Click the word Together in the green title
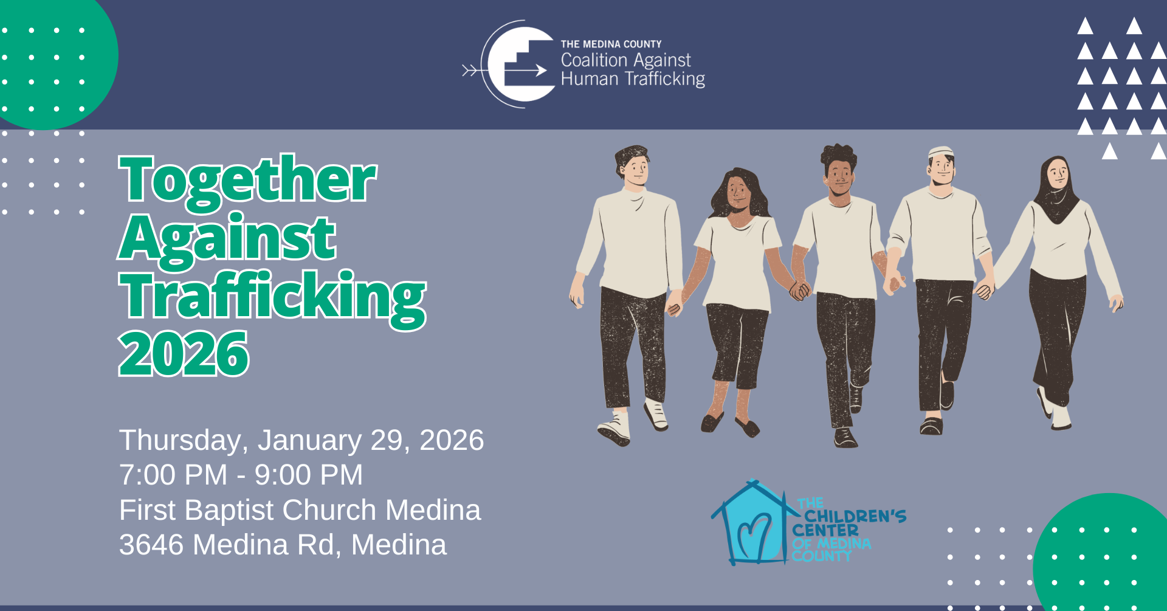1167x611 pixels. (x=248, y=181)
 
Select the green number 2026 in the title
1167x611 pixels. (x=184, y=353)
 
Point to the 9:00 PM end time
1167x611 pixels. (x=309, y=475)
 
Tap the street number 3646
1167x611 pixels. (x=151, y=545)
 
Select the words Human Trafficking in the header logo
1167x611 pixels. (x=633, y=80)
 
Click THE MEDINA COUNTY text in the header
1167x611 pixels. (x=611, y=44)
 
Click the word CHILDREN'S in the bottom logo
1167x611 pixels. (x=855, y=516)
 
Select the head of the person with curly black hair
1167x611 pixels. (x=839, y=170)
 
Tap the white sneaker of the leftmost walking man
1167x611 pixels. (x=614, y=429)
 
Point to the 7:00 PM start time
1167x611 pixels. (x=173, y=475)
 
